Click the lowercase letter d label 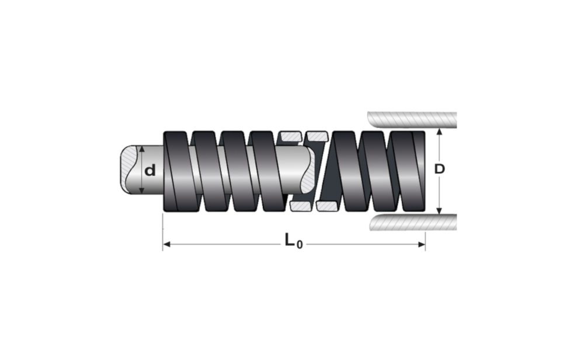(150, 171)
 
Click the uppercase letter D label (440, 169)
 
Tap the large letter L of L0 (290, 240)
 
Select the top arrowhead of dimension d (141, 149)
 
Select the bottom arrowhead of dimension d (141, 191)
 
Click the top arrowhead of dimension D (440, 131)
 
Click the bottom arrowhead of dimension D (440, 211)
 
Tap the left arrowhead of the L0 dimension (167, 244)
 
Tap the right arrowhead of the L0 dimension (422, 244)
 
